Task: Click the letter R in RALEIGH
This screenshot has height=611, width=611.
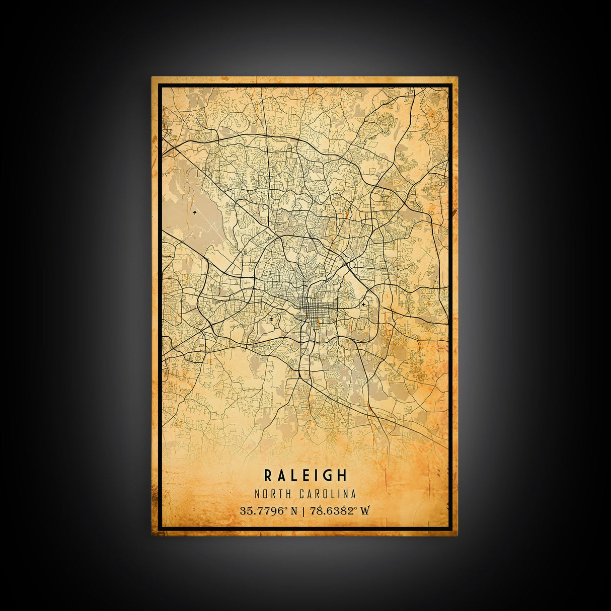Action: tap(268, 475)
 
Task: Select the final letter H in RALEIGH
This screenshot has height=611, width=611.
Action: tap(342, 475)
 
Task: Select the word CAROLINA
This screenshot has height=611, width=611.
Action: tap(328, 494)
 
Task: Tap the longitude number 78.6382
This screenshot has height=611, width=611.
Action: tap(331, 511)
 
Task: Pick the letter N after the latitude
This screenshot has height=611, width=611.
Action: tap(294, 511)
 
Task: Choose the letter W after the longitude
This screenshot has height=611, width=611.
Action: tap(365, 511)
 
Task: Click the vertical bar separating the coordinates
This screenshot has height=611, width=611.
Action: tap(303, 511)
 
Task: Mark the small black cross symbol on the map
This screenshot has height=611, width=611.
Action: tap(363, 304)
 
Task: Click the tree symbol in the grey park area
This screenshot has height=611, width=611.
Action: tap(194, 213)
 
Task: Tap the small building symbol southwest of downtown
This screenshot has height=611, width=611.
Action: tap(271, 319)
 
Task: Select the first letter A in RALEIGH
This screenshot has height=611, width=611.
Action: tap(281, 475)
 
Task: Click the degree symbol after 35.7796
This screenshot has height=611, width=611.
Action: tap(286, 508)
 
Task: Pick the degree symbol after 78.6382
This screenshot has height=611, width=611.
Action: tap(356, 508)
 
